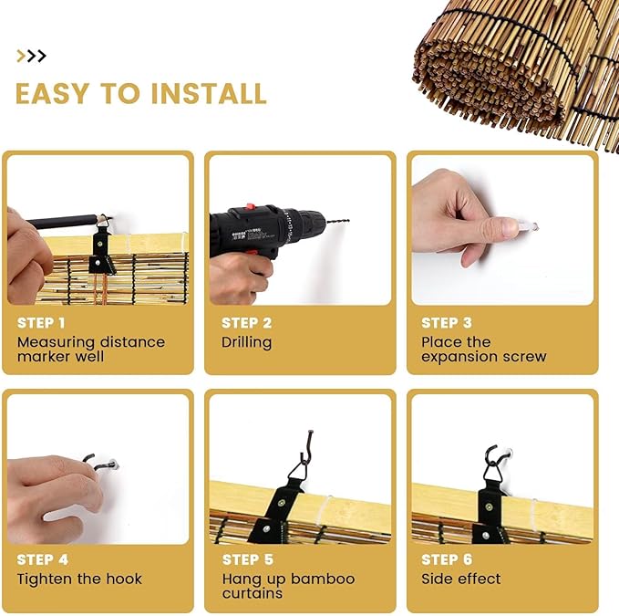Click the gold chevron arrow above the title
[x=21, y=56]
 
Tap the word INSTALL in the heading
[x=209, y=94]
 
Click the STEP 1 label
[x=41, y=323]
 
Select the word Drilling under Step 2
[x=247, y=342]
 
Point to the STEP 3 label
[x=447, y=323]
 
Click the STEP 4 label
[x=42, y=559]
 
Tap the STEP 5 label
[x=248, y=559]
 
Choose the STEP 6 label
[x=447, y=559]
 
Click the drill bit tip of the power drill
[x=348, y=221]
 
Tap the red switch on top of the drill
[x=250, y=206]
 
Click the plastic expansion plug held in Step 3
[x=527, y=226]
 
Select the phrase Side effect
[x=460, y=579]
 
